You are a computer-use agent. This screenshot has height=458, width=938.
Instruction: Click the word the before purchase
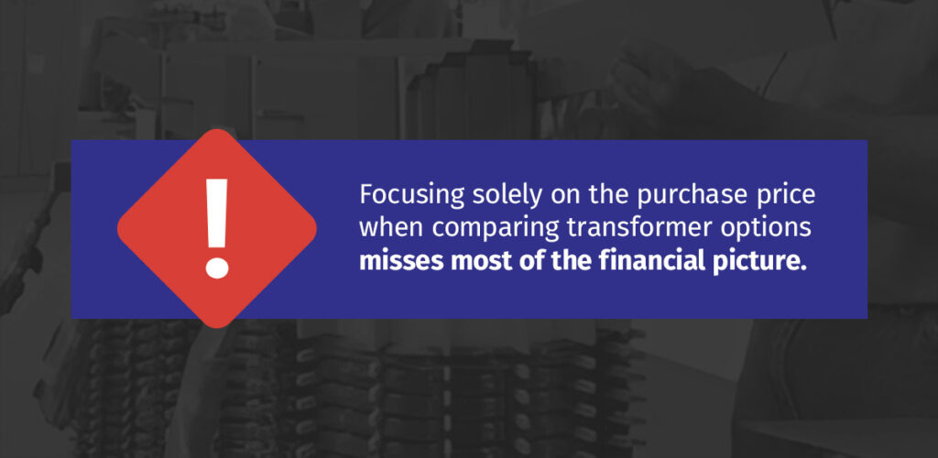602,196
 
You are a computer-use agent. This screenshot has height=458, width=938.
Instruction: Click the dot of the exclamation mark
217,267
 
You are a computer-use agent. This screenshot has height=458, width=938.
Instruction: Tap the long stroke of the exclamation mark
217,215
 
